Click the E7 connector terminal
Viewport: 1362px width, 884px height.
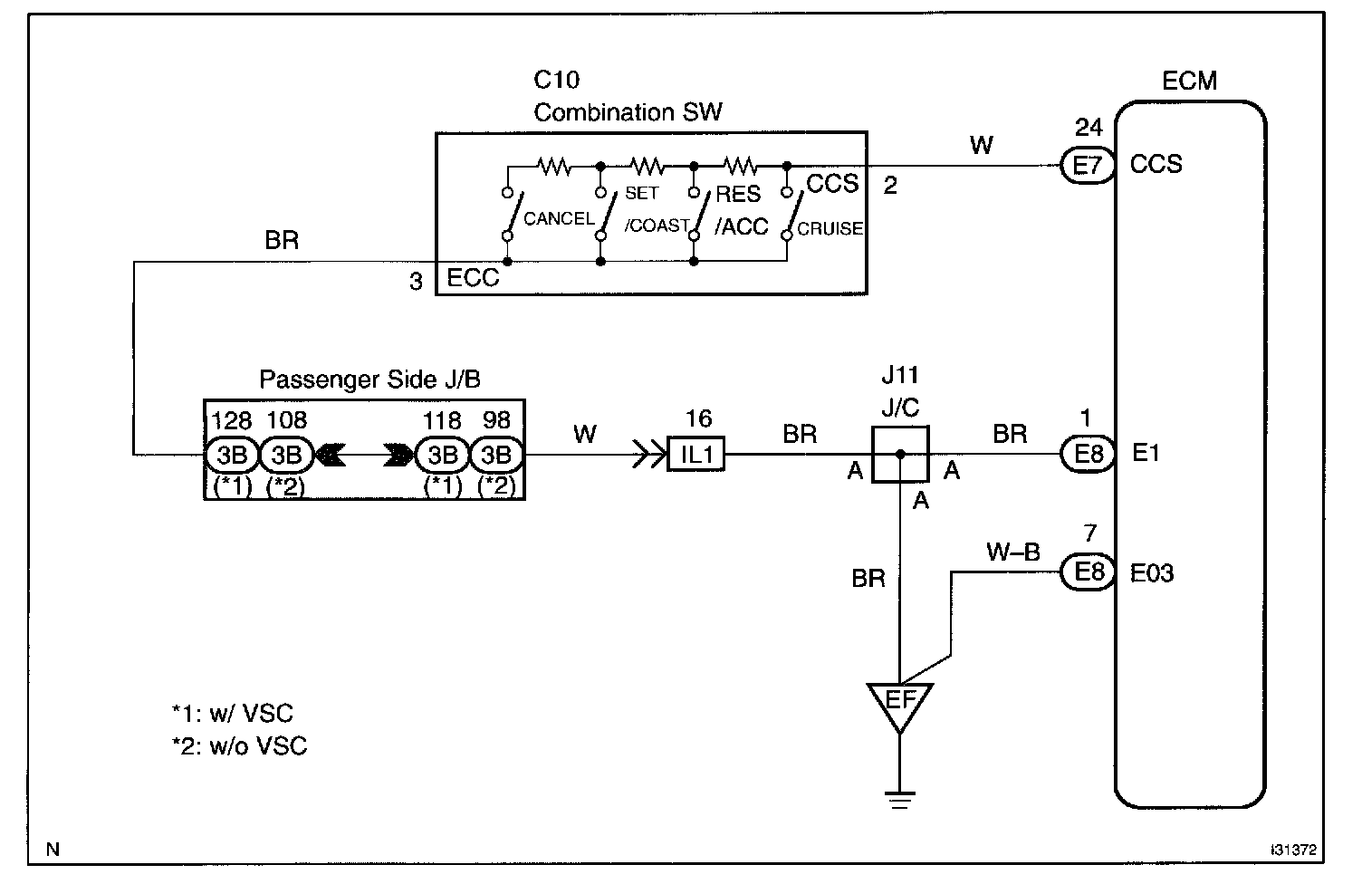point(1088,166)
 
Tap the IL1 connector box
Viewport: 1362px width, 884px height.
point(696,454)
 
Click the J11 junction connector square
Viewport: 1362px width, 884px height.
point(900,454)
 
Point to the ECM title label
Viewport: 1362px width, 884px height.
point(1189,81)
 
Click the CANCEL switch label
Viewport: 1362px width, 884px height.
point(559,218)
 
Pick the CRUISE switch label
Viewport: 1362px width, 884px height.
point(830,228)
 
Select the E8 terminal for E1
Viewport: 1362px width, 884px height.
point(1088,454)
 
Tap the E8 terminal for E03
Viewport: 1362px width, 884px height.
point(1088,572)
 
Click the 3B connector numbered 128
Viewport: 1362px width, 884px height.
point(232,455)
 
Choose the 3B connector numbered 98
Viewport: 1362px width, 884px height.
point(496,455)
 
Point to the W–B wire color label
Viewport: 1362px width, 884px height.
point(1013,552)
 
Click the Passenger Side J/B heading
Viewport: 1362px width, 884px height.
point(369,380)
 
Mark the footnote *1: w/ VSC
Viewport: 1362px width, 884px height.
point(232,713)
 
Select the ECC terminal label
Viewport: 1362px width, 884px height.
point(473,278)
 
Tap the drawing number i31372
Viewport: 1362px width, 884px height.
point(1293,850)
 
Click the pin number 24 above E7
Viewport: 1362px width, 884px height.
point(1089,127)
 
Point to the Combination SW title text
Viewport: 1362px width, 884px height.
point(628,112)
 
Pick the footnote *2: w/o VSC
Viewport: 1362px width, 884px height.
point(240,746)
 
